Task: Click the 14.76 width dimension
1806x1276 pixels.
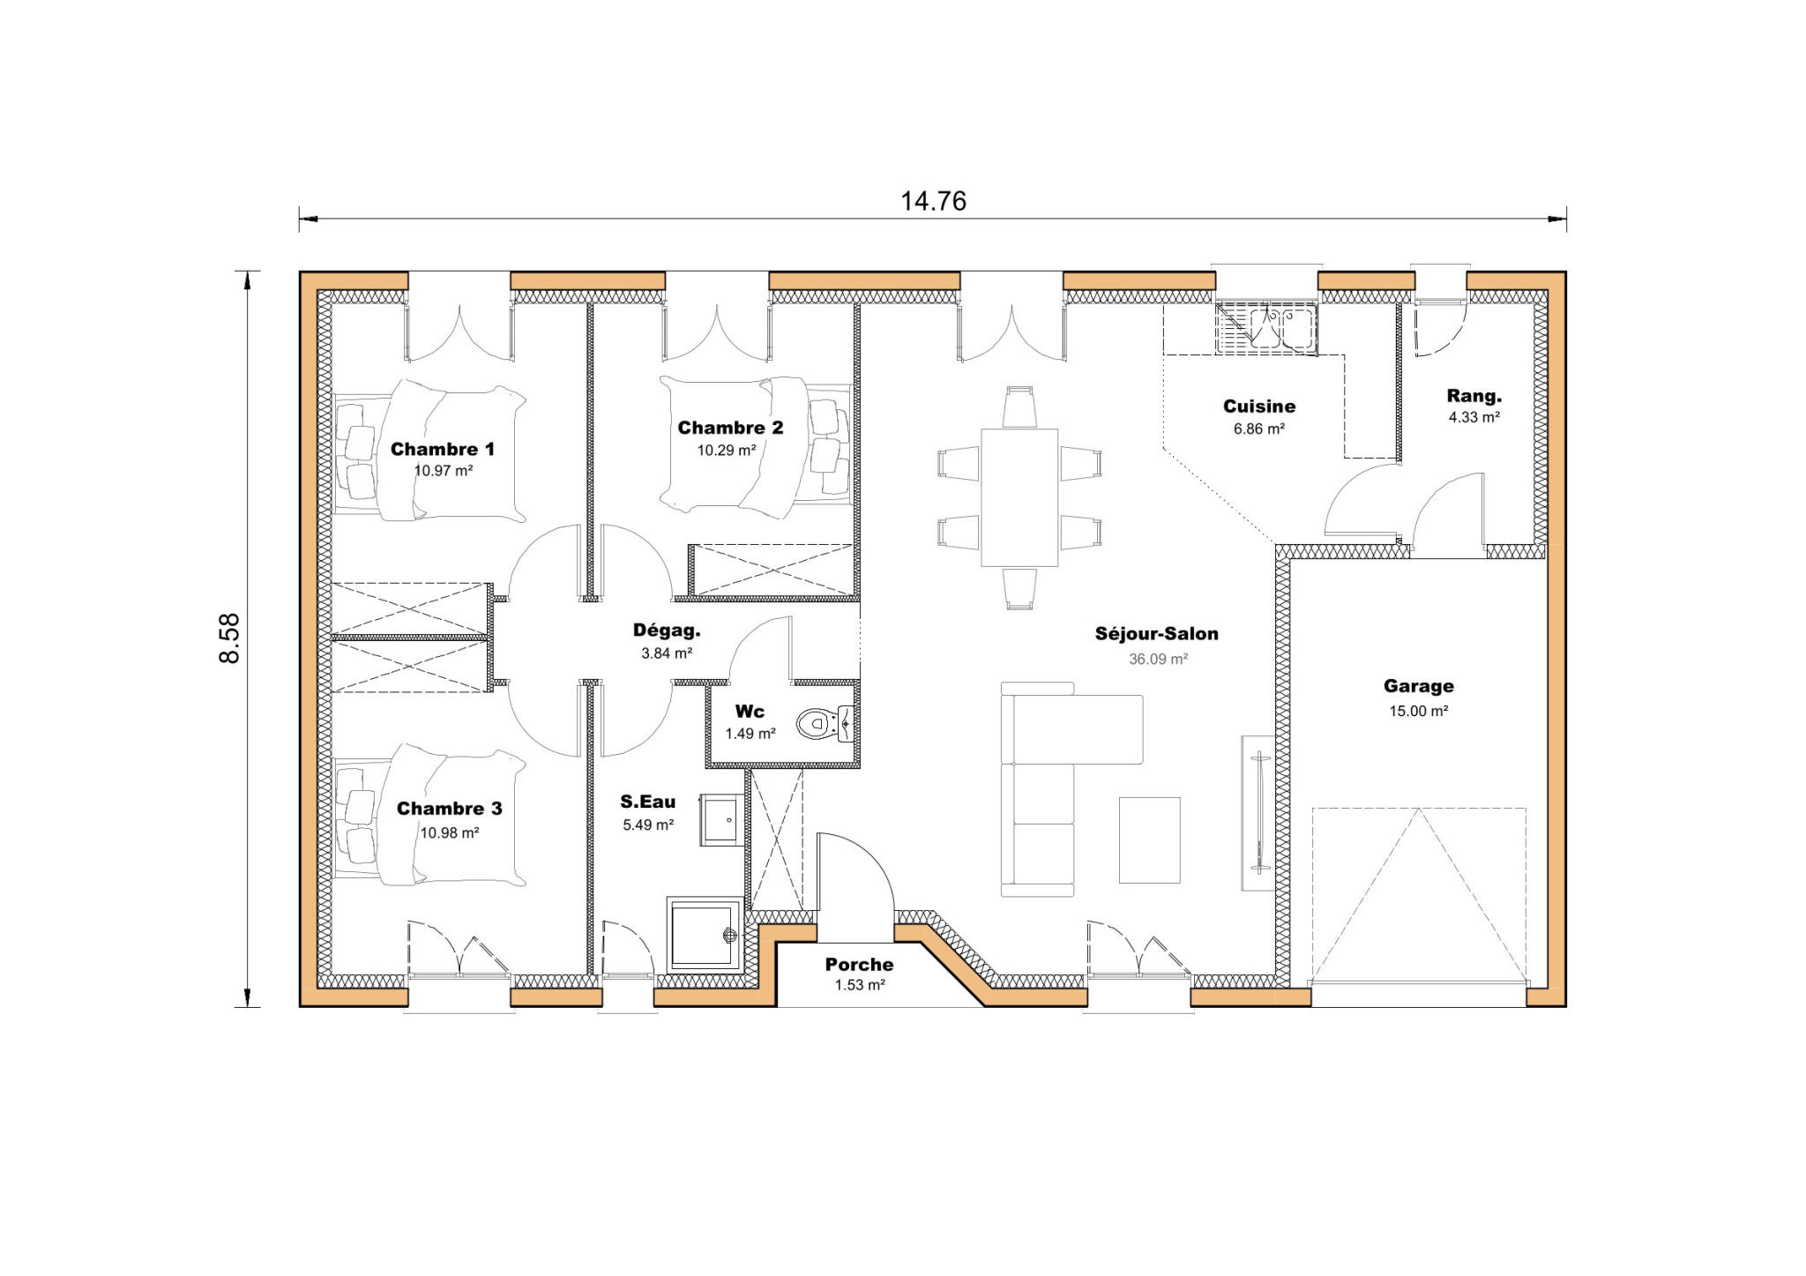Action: pos(933,201)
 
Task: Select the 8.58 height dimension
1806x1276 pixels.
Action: pos(229,638)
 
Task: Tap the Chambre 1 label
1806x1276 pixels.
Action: pos(443,449)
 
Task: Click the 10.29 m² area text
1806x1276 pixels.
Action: pos(727,450)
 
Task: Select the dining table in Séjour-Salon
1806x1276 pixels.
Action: pos(1019,497)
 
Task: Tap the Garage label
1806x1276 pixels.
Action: pos(1418,686)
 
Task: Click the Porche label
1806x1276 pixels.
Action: pos(859,965)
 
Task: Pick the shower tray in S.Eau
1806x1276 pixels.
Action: pos(705,935)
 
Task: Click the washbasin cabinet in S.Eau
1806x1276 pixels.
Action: pos(722,820)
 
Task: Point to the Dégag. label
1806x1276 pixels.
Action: pos(667,631)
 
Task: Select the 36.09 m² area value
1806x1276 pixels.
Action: pos(1158,659)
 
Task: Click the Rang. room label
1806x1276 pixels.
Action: pos(1474,396)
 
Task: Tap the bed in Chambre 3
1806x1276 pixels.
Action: pos(441,816)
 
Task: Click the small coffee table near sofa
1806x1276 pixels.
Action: pos(1149,839)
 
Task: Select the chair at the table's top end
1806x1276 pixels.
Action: pos(1019,407)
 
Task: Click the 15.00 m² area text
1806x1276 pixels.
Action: pos(1418,711)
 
